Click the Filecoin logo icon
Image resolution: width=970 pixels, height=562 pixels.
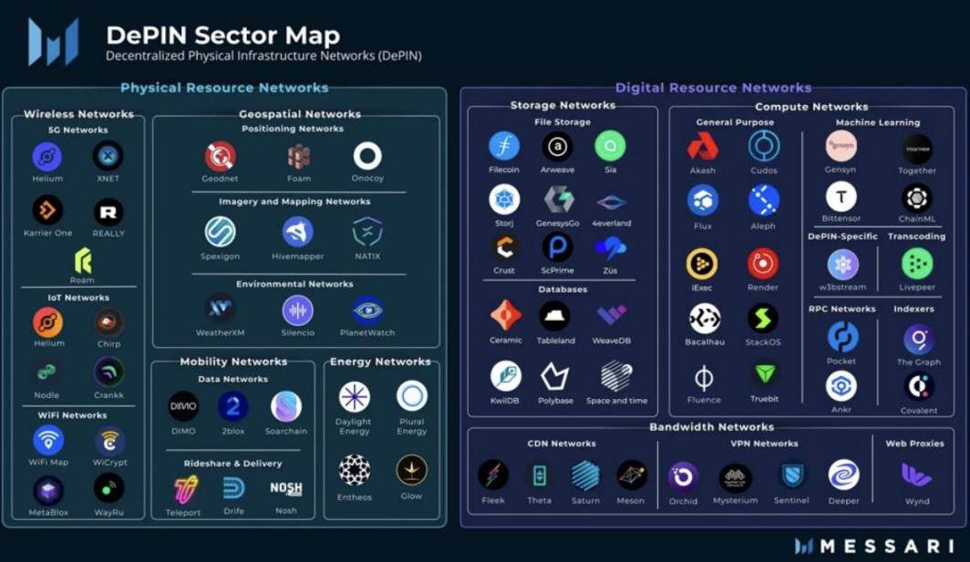[x=504, y=146]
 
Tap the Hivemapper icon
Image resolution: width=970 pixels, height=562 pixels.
[x=297, y=231]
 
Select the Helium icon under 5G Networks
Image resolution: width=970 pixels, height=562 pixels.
[x=47, y=157]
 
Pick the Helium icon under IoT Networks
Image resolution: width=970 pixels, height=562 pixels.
[x=47, y=322]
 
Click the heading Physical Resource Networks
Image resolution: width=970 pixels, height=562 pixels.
[x=224, y=88]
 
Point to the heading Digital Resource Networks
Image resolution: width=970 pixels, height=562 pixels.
[x=713, y=88]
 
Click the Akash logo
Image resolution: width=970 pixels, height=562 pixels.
[x=703, y=146]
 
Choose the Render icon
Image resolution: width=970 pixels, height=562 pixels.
[x=763, y=263]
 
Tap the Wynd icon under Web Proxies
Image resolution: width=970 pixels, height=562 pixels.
[x=916, y=475]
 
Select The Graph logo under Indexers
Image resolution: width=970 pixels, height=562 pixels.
[x=918, y=340]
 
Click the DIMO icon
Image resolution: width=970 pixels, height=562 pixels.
[x=183, y=406]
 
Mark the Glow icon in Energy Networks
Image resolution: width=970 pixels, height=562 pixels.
[x=411, y=470]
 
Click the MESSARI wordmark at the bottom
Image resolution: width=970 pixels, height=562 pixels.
[x=873, y=546]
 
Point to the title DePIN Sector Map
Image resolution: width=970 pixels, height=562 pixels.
[x=222, y=36]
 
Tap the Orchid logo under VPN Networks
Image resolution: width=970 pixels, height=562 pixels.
[x=683, y=475]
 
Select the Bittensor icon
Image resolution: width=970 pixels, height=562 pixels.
[x=841, y=197]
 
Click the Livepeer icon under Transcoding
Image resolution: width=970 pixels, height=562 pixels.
[x=917, y=264]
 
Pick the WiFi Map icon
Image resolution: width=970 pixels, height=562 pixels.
[x=48, y=440]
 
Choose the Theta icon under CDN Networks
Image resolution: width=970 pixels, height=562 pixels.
[x=540, y=475]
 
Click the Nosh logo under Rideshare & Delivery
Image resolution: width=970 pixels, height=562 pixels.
[x=286, y=489]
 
